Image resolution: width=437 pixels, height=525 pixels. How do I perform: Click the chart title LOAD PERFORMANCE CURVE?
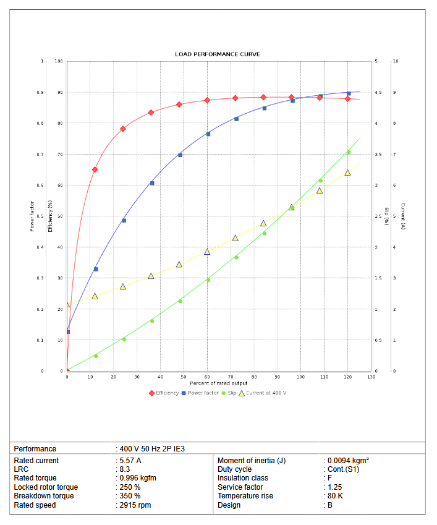pyautogui.click(x=217, y=54)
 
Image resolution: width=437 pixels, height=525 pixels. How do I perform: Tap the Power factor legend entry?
pyautogui.click(x=203, y=393)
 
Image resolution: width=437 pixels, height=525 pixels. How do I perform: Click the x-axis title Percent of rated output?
pyautogui.click(x=218, y=383)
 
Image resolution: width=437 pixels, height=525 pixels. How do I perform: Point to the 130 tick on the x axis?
pyautogui.click(x=371, y=377)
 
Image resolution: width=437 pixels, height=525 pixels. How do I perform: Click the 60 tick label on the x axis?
pyautogui.click(x=207, y=377)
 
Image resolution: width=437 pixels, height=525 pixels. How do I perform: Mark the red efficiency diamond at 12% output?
pyautogui.click(x=95, y=169)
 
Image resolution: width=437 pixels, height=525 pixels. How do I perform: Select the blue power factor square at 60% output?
pyautogui.click(x=208, y=134)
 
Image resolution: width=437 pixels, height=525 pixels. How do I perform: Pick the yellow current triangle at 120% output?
pyautogui.click(x=347, y=173)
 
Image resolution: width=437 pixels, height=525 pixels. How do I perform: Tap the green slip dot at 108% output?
pyautogui.click(x=320, y=181)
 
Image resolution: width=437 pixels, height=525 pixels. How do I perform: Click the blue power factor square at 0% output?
pyautogui.click(x=67, y=332)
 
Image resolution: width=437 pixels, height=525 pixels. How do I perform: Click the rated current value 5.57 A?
pyautogui.click(x=130, y=461)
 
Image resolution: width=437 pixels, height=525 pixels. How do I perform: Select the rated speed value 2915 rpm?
pyautogui.click(x=135, y=505)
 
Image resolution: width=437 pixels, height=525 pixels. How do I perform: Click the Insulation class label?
pyautogui.click(x=247, y=478)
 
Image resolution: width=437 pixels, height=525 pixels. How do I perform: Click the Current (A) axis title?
pyautogui.click(x=402, y=216)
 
